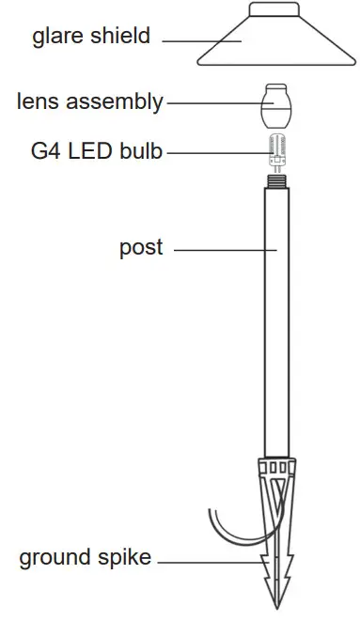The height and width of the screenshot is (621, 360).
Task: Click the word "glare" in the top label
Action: pyautogui.click(x=55, y=38)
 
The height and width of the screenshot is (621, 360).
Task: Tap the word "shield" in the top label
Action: pyautogui.click(x=118, y=38)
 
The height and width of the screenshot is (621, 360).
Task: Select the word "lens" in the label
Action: pyautogui.click(x=37, y=102)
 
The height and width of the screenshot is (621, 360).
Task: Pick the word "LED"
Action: pyautogui.click(x=85, y=149)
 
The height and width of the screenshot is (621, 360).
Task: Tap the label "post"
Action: pyautogui.click(x=141, y=248)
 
